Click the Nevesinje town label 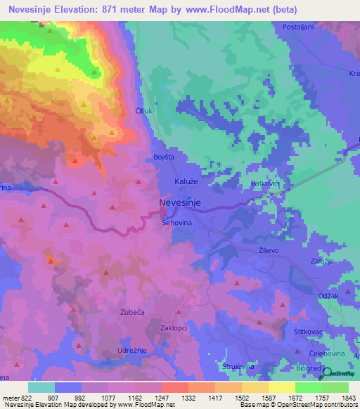tap(181, 202)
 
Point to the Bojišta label tap(164, 157)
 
